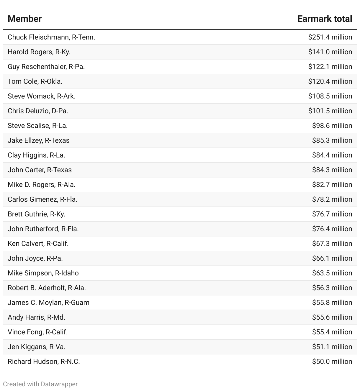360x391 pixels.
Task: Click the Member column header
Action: click(24, 19)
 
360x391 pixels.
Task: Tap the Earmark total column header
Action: click(325, 19)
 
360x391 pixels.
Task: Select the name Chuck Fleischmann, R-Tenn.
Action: click(51, 37)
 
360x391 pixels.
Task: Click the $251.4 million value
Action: click(330, 37)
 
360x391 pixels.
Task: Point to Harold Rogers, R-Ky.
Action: click(39, 52)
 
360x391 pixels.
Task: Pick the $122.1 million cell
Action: click(330, 67)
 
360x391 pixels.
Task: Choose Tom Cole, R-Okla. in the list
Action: click(35, 81)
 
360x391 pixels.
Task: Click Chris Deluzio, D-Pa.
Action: click(38, 111)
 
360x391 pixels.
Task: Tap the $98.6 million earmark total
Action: click(332, 126)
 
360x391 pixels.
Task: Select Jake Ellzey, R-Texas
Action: click(38, 140)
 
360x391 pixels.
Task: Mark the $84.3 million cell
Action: click(332, 170)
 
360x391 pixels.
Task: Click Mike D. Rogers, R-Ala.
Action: click(41, 185)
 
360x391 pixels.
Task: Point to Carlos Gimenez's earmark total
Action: click(332, 199)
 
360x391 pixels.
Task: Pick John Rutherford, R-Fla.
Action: click(43, 229)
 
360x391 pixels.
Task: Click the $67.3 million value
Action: click(332, 244)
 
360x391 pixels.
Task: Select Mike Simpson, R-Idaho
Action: click(43, 273)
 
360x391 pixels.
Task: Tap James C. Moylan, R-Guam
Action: click(48, 303)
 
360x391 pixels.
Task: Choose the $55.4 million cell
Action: click(332, 332)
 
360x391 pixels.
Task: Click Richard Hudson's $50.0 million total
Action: click(332, 362)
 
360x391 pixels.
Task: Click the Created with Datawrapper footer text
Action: click(40, 384)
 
